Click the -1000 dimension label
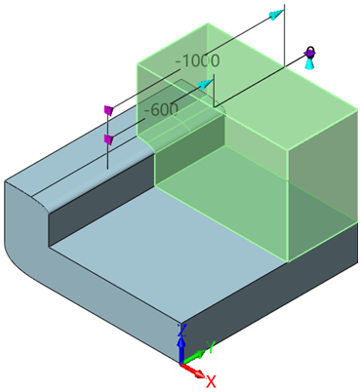[197, 61]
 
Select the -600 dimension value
[161, 109]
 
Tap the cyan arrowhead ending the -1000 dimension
[279, 14]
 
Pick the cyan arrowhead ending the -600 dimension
[206, 85]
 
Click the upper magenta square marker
[109, 110]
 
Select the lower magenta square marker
[108, 140]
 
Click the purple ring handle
[309, 52]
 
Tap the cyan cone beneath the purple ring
[309, 64]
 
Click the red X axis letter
[210, 380]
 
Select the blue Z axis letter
[180, 331]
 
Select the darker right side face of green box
[323, 185]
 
